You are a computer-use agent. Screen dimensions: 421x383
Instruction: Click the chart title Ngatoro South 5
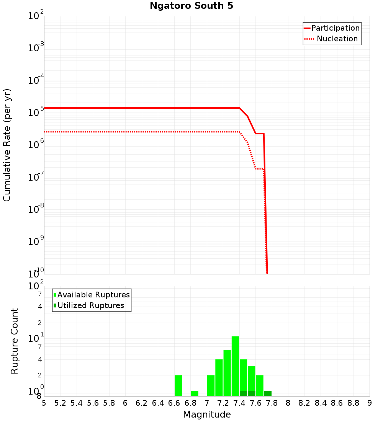click(x=191, y=6)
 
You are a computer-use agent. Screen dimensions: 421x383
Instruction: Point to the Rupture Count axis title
click(x=15, y=341)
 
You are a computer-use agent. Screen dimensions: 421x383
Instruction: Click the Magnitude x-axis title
click(x=207, y=414)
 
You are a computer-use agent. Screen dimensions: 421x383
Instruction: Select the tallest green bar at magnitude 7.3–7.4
click(x=235, y=366)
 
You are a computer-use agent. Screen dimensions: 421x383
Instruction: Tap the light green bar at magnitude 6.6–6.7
click(x=178, y=385)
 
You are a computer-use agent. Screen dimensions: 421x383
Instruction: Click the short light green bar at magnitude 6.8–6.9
click(x=195, y=393)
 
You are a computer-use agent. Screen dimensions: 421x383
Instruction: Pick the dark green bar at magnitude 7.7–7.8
click(x=268, y=393)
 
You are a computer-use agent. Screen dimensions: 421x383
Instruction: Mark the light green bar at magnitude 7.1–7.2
click(x=219, y=378)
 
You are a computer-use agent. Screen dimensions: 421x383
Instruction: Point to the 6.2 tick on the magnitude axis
click(x=142, y=403)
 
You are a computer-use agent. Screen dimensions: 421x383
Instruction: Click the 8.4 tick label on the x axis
click(x=321, y=403)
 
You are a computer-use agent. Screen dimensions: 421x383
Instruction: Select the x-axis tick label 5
click(x=44, y=403)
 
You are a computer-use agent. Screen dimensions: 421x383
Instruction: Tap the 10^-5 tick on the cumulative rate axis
click(x=36, y=113)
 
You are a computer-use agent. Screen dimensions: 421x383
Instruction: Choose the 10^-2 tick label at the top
click(x=36, y=16)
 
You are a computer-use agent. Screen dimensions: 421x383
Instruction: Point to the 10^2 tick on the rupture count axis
click(x=36, y=286)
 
